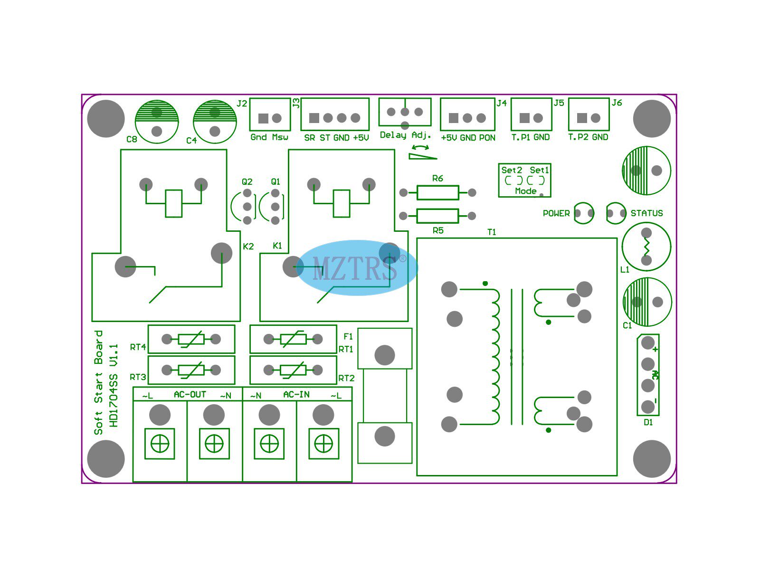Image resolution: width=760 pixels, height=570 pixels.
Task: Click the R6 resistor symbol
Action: click(437, 192)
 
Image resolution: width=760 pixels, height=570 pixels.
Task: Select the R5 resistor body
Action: click(437, 216)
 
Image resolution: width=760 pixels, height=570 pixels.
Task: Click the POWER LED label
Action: click(556, 213)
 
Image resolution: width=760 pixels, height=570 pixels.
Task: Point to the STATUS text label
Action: click(646, 213)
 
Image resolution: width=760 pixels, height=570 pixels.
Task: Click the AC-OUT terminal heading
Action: click(190, 395)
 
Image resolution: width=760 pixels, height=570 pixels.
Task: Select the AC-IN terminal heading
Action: click(296, 395)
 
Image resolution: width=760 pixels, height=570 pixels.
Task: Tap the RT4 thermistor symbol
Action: click(191, 339)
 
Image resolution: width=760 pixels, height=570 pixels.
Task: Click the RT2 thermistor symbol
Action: click(293, 370)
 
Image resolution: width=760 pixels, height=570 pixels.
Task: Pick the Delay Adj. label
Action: click(405, 135)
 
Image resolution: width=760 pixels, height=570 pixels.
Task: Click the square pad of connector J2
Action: click(263, 118)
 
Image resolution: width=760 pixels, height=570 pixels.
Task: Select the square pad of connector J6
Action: click(582, 118)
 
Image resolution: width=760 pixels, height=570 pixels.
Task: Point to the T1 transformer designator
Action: click(492, 232)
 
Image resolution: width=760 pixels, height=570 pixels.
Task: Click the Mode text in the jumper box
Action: click(526, 191)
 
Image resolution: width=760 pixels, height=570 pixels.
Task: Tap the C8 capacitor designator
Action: click(132, 139)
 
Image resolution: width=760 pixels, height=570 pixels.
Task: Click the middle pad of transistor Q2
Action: click(247, 207)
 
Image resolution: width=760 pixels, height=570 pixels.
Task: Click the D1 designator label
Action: click(648, 422)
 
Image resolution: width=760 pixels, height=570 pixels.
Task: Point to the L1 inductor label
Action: click(625, 270)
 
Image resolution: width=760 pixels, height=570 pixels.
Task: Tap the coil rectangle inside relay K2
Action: click(173, 203)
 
